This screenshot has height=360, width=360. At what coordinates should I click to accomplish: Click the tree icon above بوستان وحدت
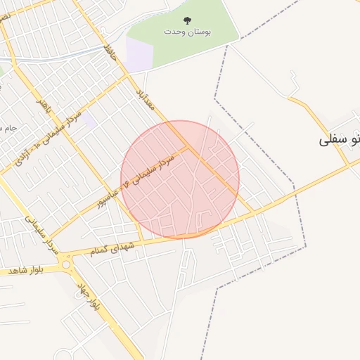pos(187,20)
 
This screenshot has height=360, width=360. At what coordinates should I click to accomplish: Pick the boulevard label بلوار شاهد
pos(27,270)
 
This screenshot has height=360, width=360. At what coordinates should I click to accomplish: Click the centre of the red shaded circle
pos(180,179)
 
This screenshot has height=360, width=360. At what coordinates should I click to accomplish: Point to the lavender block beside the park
pos(139,54)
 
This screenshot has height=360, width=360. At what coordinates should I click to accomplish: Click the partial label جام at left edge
pos(8,128)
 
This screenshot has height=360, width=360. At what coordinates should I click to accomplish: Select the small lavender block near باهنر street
pos(89,120)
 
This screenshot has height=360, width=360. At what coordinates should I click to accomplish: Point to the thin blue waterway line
pos(56,60)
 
